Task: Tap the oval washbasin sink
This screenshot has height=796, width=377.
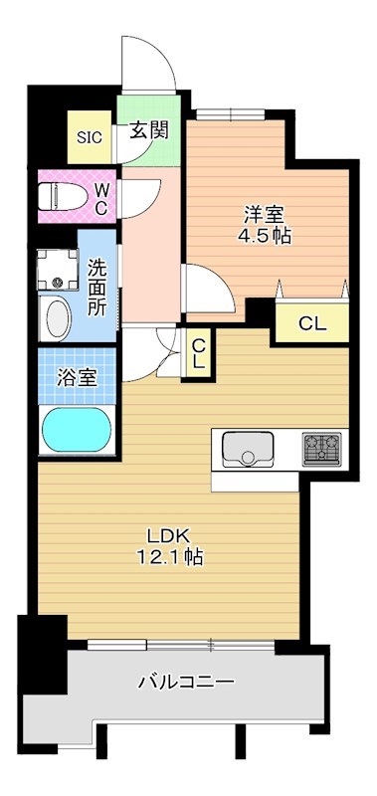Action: [x=59, y=318]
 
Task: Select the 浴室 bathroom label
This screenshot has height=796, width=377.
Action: [x=79, y=378]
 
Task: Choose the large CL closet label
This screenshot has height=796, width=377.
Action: [x=311, y=322]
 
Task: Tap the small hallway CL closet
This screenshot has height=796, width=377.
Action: [x=198, y=353]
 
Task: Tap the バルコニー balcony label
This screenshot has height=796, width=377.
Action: [x=186, y=683]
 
